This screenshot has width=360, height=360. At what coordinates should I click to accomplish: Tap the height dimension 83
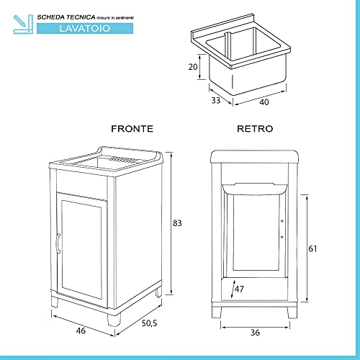coord(177,222)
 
